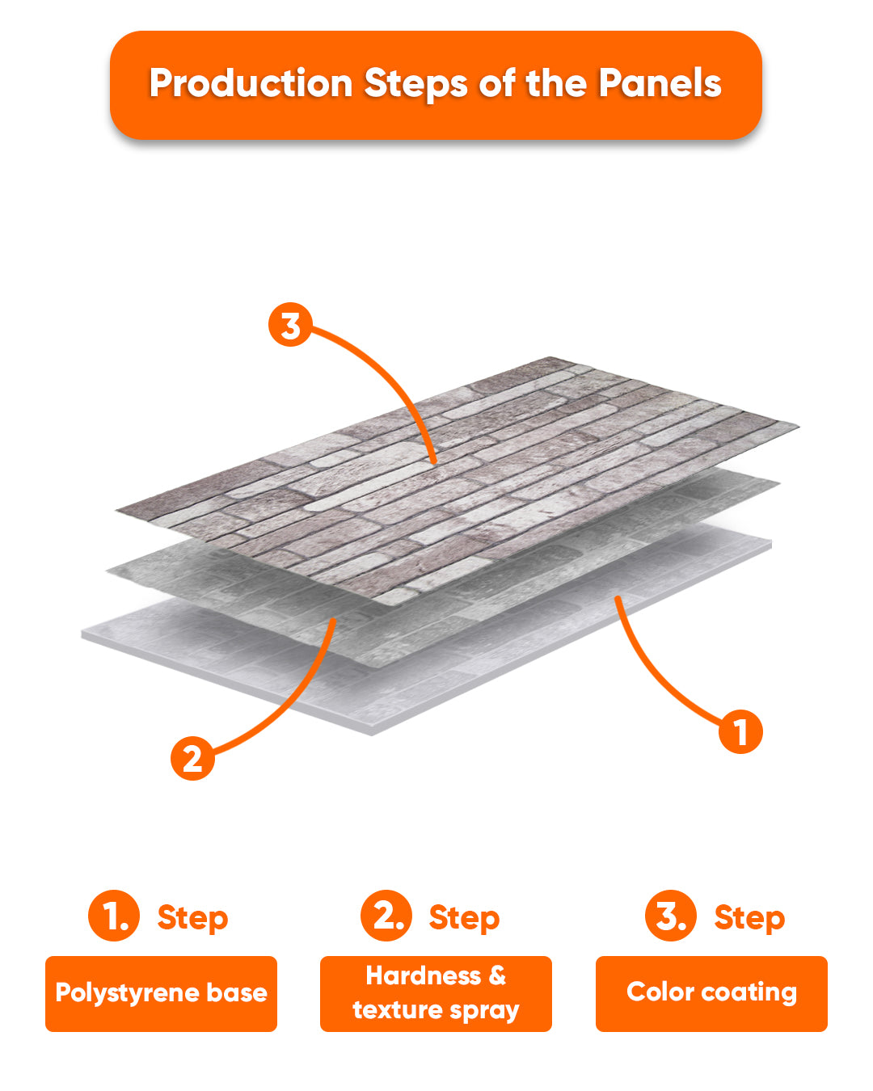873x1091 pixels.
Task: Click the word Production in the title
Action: coord(251,84)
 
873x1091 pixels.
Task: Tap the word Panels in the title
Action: coord(659,82)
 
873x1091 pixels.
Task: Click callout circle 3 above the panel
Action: coord(289,324)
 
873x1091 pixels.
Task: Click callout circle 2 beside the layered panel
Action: coord(192,759)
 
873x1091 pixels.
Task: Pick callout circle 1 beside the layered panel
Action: coord(740,731)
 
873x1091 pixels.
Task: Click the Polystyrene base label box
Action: coord(161,994)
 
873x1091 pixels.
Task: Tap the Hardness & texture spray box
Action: coord(436,994)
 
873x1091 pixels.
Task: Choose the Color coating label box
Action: coord(711,994)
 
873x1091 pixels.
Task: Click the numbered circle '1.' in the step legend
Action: coord(114,915)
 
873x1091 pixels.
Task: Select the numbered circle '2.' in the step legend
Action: coord(386,915)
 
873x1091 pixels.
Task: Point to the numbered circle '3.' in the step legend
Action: coord(671,915)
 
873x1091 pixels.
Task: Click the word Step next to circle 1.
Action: coord(192,918)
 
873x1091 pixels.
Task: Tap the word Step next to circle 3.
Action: coord(749,918)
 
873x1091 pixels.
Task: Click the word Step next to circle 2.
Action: coord(464,918)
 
